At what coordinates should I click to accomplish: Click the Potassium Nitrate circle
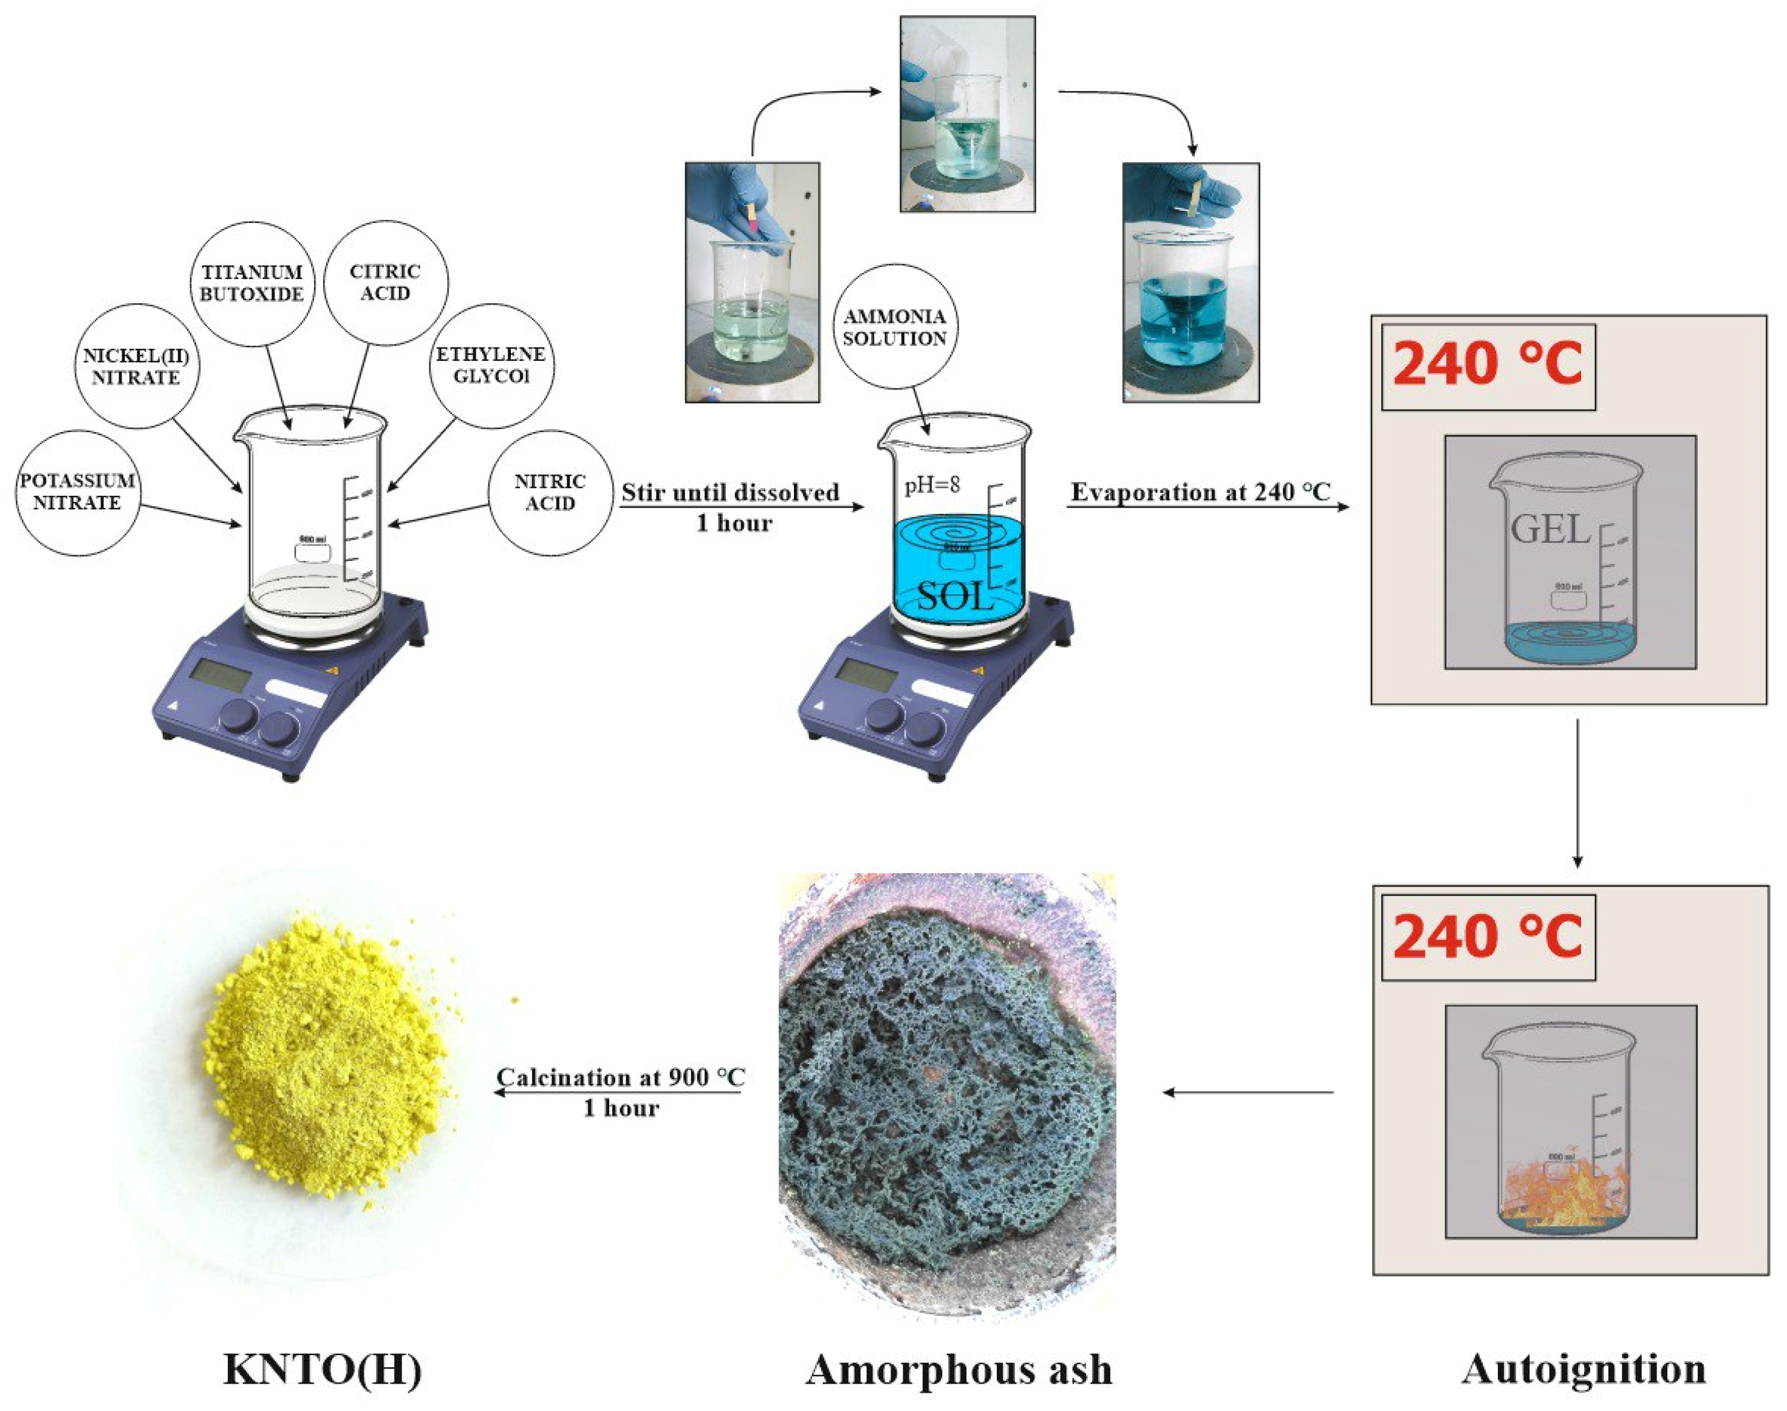pyautogui.click(x=78, y=492)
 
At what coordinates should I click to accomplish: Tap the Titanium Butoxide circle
pyautogui.click(x=253, y=283)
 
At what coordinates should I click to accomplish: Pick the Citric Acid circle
pyautogui.click(x=385, y=282)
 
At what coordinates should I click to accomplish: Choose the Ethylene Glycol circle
pyautogui.click(x=491, y=365)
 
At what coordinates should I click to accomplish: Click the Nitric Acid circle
pyautogui.click(x=550, y=492)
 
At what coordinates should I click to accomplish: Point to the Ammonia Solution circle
pyautogui.click(x=895, y=327)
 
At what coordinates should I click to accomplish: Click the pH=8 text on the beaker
pyautogui.click(x=932, y=484)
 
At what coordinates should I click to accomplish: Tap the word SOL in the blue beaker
pyautogui.click(x=955, y=595)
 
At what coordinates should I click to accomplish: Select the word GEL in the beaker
pyautogui.click(x=1550, y=529)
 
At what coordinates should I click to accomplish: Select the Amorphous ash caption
pyautogui.click(x=958, y=1370)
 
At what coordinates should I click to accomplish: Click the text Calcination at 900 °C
pyautogui.click(x=620, y=1077)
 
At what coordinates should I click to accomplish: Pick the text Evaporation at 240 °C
pyautogui.click(x=1201, y=492)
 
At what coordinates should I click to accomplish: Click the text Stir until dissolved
pyautogui.click(x=730, y=492)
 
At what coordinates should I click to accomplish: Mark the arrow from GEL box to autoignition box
pyautogui.click(x=1577, y=793)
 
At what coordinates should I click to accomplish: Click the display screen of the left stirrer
pyautogui.click(x=220, y=676)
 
